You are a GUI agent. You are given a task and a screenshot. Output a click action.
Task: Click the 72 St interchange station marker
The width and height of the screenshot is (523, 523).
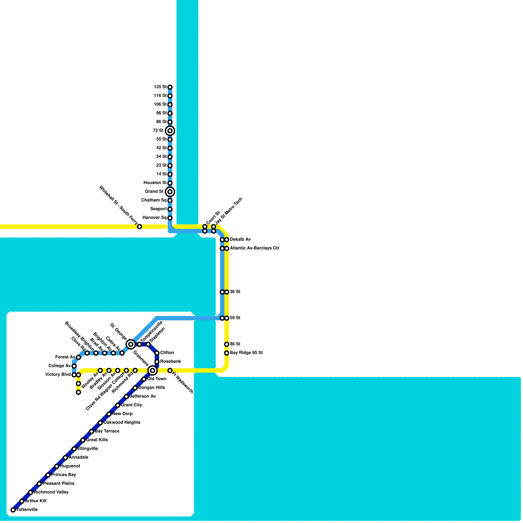click(x=170, y=131)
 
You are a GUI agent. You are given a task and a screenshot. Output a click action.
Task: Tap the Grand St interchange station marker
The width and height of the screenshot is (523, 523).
click(x=170, y=192)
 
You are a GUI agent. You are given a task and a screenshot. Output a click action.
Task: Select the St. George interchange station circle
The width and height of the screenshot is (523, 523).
click(x=131, y=344)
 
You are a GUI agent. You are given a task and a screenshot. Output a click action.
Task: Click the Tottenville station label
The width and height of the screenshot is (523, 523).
click(x=27, y=510)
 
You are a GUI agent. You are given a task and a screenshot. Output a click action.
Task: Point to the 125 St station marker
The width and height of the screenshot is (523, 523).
click(x=170, y=87)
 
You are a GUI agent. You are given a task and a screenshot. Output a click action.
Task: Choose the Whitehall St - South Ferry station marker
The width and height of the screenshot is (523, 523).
click(x=140, y=227)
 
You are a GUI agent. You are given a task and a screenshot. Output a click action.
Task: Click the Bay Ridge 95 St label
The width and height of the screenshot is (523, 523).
click(x=246, y=353)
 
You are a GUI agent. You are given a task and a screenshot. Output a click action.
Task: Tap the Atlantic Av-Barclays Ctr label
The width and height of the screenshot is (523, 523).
click(x=254, y=248)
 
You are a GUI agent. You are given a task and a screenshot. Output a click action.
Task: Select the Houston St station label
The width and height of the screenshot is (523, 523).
click(x=155, y=183)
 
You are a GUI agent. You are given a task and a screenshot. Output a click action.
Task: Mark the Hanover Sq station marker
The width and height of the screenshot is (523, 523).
click(x=170, y=218)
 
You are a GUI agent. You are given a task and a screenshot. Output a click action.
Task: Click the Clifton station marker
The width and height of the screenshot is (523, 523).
click(x=157, y=353)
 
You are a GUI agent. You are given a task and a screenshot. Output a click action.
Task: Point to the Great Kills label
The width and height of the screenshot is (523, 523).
click(x=97, y=440)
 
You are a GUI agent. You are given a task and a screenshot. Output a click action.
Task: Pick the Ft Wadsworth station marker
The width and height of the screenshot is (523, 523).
click(x=170, y=370)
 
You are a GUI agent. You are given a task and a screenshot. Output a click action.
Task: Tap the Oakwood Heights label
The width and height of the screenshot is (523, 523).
click(x=122, y=422)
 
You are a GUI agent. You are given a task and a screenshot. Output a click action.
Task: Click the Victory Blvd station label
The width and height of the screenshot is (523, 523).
click(x=58, y=375)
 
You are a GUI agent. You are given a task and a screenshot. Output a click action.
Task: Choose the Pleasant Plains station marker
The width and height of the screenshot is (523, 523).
click(x=39, y=484)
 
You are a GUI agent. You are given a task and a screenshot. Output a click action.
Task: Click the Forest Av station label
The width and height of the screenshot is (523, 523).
click(x=65, y=357)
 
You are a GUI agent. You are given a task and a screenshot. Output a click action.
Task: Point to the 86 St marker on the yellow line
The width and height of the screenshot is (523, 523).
click(x=227, y=344)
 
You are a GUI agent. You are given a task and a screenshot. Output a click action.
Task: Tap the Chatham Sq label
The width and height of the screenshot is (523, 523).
click(x=154, y=200)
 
